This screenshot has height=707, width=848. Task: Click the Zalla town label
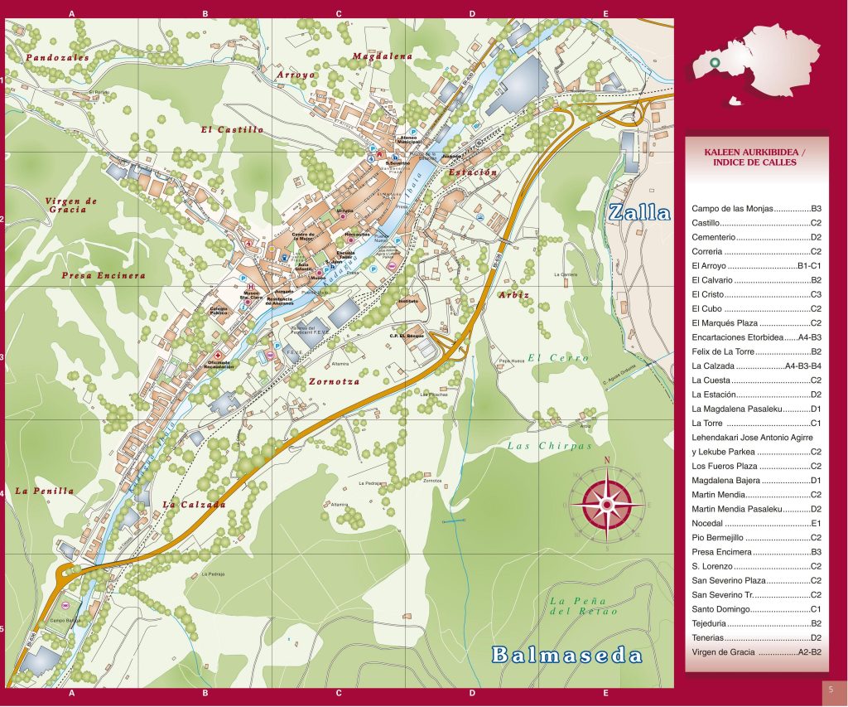tap(638, 212)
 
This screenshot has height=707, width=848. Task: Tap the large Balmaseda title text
tap(567, 655)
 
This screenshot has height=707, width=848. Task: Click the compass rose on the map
tap(606, 502)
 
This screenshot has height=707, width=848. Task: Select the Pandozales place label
tap(57, 58)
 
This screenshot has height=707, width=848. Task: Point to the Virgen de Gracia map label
tap(72, 206)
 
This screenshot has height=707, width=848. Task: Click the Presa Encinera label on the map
tap(104, 275)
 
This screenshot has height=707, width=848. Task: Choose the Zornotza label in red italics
tap(335, 382)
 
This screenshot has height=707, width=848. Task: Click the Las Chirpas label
tap(550, 446)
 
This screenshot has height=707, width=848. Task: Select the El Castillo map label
tap(232, 130)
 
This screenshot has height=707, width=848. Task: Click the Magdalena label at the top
tap(382, 56)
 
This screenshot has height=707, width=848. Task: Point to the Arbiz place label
tap(513, 294)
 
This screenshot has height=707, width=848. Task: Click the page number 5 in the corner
tap(831, 690)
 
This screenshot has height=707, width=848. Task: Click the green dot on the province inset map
tap(714, 62)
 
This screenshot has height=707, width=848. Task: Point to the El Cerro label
tap(558, 358)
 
